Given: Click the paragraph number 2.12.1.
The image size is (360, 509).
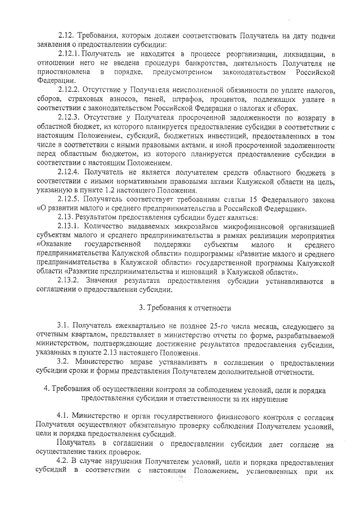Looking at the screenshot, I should tap(70, 53).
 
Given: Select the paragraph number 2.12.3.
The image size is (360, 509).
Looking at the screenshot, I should tap(70, 117).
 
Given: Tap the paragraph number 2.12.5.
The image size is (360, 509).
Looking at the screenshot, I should tap(70, 199).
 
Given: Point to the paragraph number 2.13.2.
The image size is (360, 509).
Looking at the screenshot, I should tap(70, 281).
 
